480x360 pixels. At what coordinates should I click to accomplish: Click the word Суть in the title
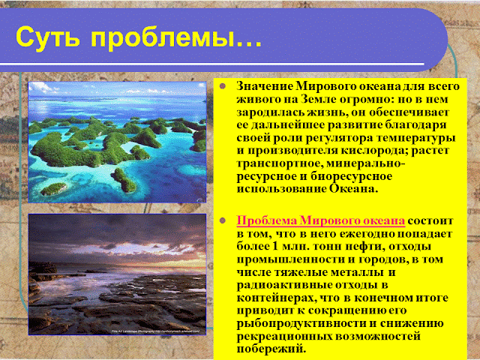click(x=48, y=37)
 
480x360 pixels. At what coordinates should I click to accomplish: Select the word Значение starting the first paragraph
click(x=265, y=86)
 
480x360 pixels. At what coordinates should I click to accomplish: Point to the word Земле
click(x=317, y=99)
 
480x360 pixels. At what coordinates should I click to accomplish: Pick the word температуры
click(x=416, y=138)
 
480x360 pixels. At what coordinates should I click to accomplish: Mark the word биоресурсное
click(x=352, y=177)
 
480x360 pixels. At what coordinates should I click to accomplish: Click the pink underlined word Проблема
click(x=266, y=220)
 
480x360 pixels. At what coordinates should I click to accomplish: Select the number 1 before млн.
click(x=274, y=247)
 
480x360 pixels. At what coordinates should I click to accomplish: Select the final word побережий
click(x=271, y=349)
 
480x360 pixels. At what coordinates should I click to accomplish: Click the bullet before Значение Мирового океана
click(x=223, y=86)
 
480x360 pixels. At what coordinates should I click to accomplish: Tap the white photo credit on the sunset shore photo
click(x=155, y=331)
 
